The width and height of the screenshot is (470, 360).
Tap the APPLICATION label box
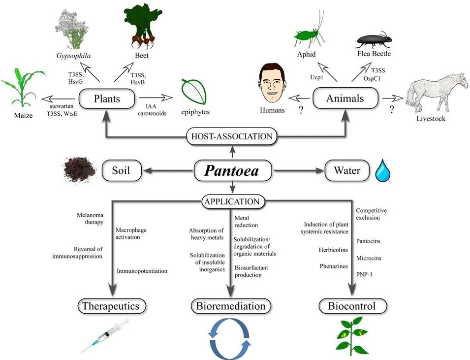232,201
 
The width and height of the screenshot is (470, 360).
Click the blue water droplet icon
382,171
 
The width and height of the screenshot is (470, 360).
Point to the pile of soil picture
79,170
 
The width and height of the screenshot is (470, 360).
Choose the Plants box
106,98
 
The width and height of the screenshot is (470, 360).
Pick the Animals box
345,98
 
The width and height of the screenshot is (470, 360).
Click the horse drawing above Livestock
435,92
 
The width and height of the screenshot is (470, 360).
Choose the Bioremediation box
231,306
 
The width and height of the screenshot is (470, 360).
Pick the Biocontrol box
351,306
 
